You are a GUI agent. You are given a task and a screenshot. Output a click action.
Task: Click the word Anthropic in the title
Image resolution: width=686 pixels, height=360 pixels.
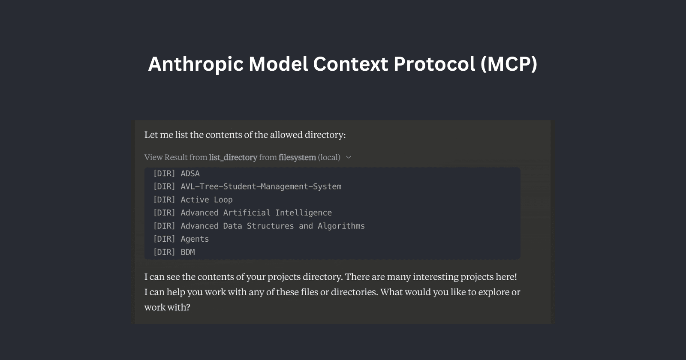[196, 64]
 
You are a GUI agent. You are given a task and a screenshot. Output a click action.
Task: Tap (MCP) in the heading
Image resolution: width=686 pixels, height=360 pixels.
[508, 64]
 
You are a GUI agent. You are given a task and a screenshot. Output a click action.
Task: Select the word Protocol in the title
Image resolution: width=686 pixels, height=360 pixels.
[434, 64]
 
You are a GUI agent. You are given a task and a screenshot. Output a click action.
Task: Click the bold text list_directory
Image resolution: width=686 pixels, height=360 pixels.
[233, 157]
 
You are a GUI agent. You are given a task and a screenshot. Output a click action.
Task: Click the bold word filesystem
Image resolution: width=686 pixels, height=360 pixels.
[297, 157]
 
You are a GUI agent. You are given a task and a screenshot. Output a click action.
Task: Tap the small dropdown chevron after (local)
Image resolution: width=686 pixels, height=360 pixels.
[349, 157]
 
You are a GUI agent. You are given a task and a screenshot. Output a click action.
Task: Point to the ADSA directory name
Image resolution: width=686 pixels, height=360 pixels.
[190, 174]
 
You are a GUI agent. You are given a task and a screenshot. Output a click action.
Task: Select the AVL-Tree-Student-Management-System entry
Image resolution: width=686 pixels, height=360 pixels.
[261, 186]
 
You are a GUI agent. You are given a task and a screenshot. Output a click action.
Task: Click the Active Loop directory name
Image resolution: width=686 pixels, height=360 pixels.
[206, 200]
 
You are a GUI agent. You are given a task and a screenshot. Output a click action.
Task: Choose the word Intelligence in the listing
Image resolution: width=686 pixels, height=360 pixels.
[304, 213]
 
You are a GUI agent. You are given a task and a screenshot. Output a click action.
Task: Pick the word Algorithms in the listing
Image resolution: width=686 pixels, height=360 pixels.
[341, 226]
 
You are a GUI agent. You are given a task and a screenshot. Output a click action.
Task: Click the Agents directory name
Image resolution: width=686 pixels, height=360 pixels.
[195, 239]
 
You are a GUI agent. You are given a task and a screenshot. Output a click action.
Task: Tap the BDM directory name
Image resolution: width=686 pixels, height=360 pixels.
[188, 252]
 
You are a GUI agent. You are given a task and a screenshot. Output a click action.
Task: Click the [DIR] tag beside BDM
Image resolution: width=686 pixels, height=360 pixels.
[164, 252]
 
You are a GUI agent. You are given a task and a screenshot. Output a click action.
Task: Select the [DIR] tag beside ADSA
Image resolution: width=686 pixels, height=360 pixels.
[164, 174]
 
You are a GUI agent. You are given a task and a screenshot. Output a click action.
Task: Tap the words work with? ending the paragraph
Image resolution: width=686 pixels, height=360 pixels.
[167, 307]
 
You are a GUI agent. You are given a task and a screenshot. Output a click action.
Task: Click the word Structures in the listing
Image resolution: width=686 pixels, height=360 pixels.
[270, 226]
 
